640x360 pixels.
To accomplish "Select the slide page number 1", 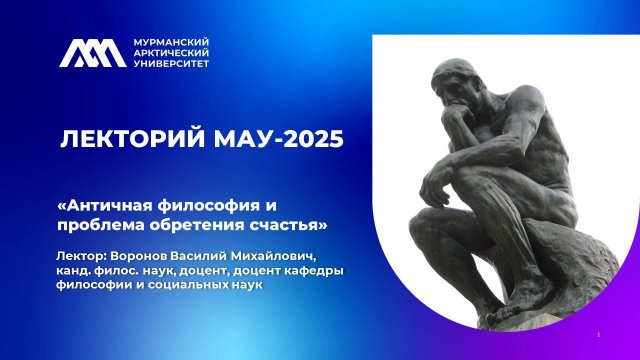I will click(x=598, y=334).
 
